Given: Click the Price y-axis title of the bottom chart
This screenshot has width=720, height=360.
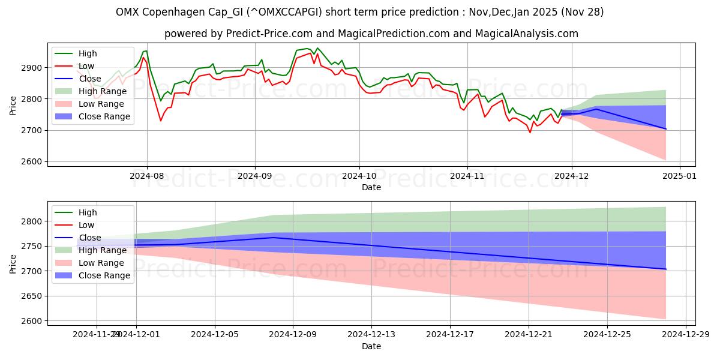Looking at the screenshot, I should click(13, 263).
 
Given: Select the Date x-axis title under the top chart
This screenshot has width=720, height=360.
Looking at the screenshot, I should click(371, 188).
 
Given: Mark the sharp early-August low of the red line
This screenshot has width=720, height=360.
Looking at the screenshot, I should click(160, 121).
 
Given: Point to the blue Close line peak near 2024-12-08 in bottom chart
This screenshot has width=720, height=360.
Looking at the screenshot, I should click(274, 238).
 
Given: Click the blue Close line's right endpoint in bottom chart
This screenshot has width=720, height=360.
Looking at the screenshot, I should click(666, 269).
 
